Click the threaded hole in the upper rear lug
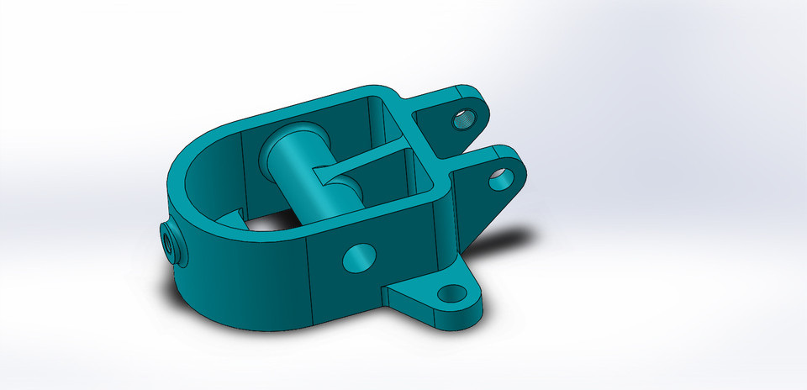pyautogui.click(x=465, y=117)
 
